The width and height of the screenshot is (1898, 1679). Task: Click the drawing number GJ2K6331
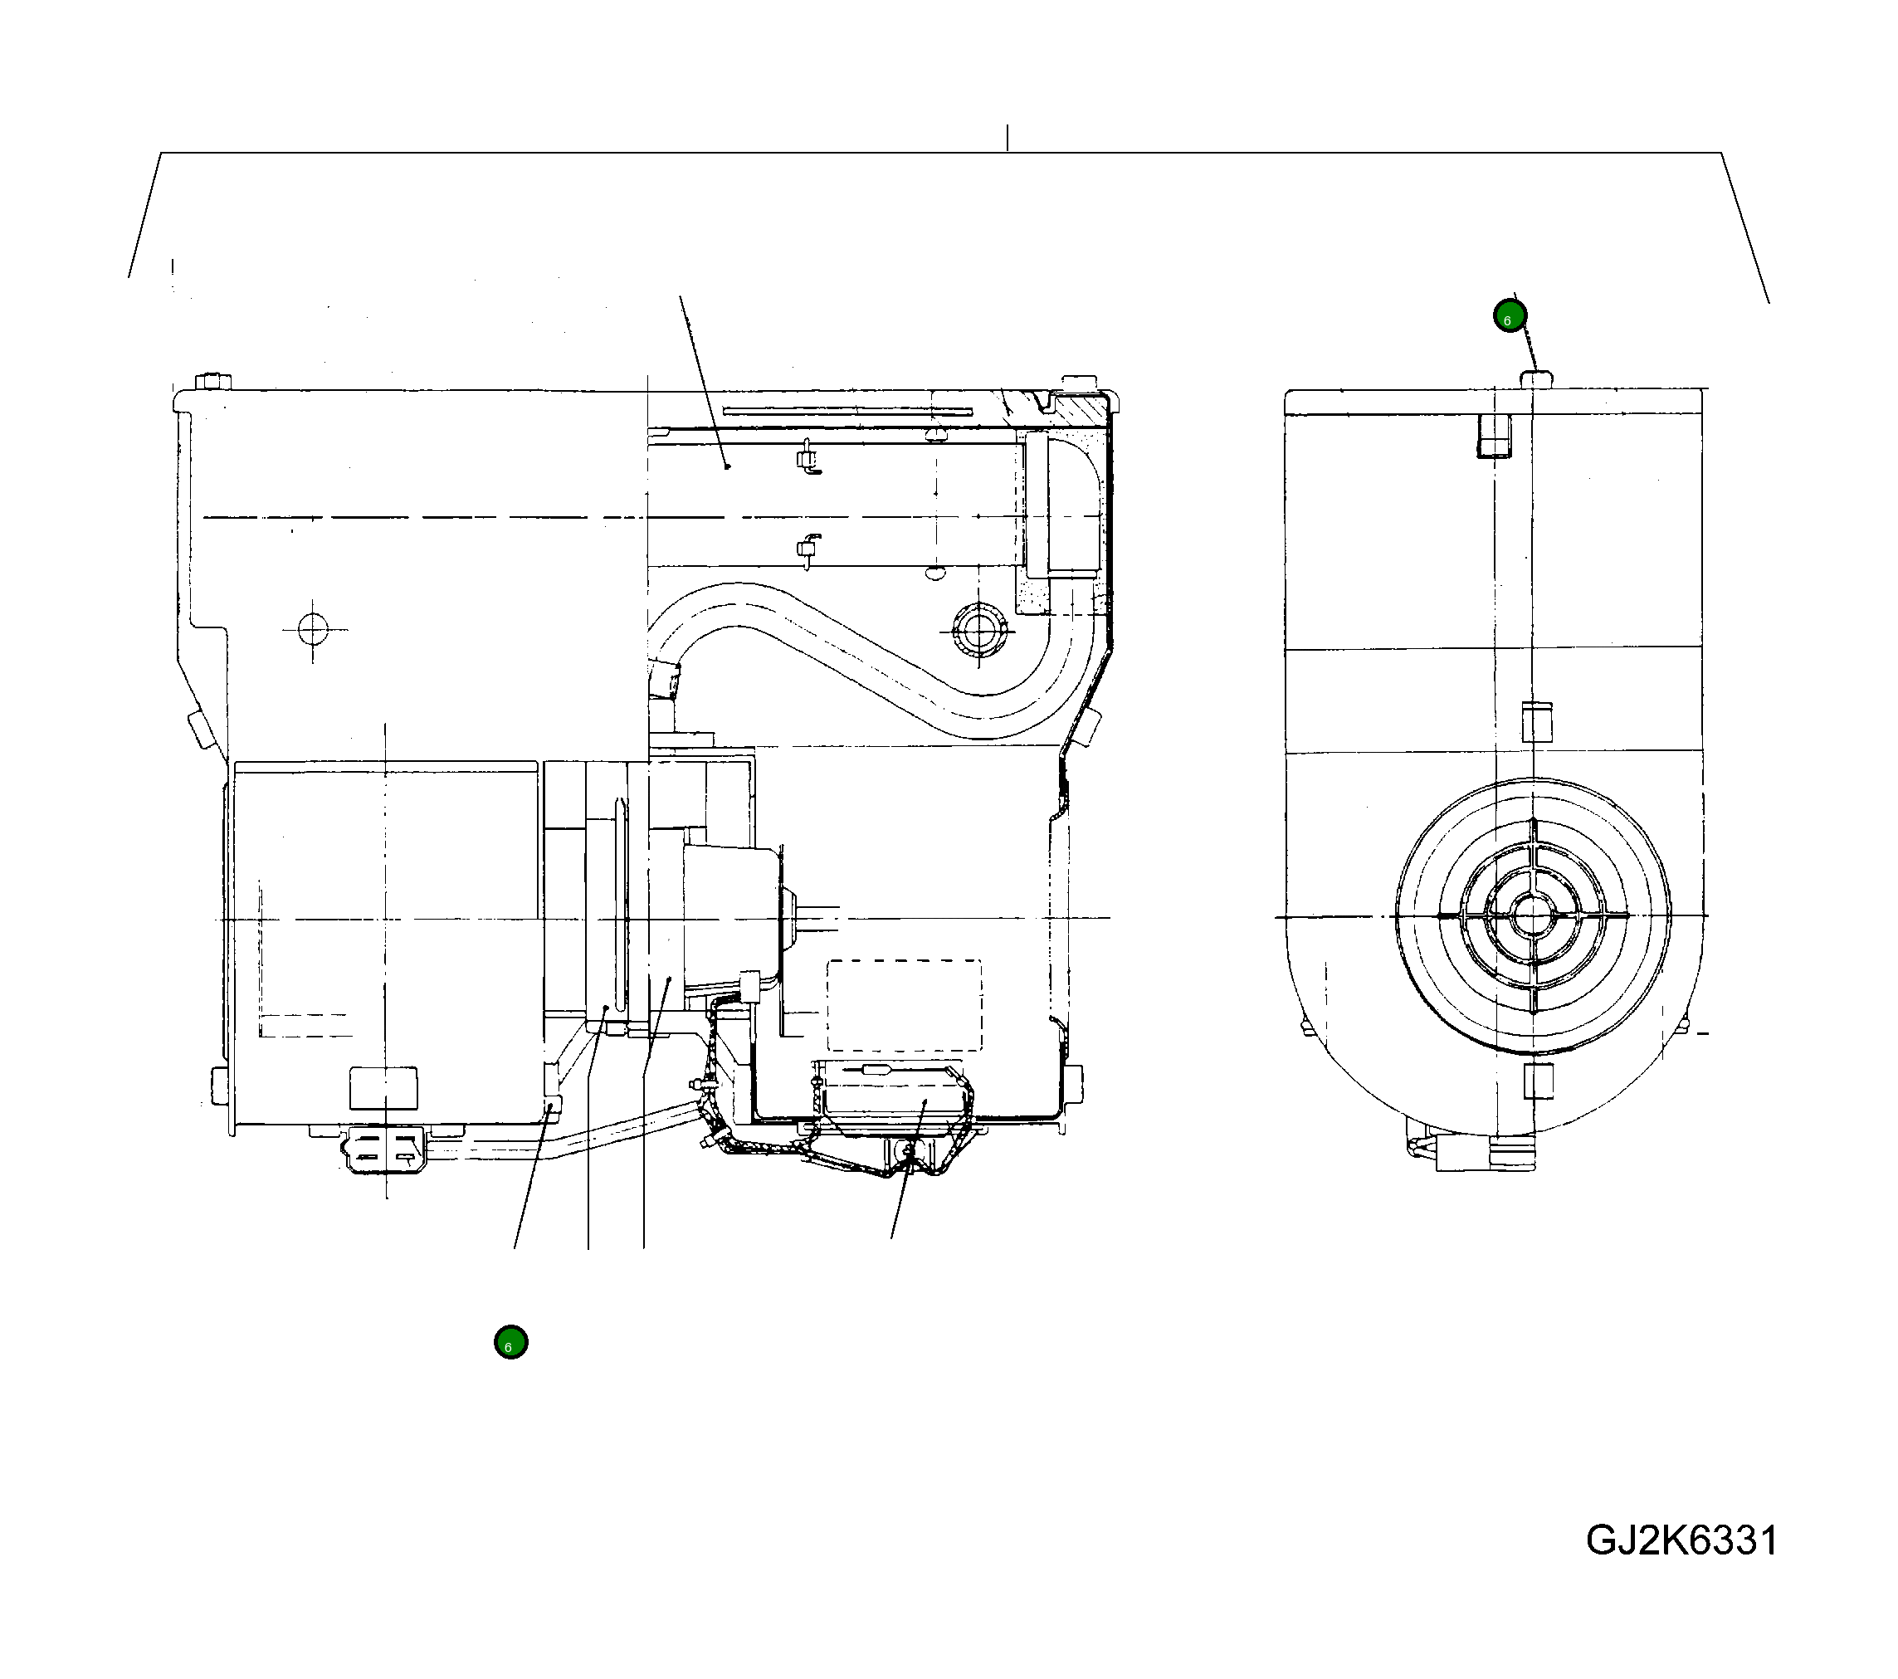(x=1681, y=1540)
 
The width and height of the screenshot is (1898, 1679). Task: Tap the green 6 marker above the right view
(x=1509, y=315)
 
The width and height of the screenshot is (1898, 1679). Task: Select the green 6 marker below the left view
(x=510, y=1342)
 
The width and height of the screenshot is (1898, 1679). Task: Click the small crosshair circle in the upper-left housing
(x=313, y=630)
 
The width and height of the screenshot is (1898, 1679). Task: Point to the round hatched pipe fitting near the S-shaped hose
(x=978, y=631)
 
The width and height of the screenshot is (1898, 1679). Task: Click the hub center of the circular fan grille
(x=1531, y=916)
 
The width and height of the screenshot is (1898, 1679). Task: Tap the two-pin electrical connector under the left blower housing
(x=383, y=1149)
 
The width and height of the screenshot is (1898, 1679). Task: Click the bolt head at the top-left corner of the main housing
(x=214, y=382)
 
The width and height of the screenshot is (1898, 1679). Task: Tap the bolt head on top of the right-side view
(x=1536, y=377)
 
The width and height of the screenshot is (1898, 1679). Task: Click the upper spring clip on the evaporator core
(x=808, y=459)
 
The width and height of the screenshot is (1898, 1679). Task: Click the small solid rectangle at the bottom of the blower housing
(x=383, y=1087)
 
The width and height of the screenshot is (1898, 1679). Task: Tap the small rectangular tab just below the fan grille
(x=1539, y=1081)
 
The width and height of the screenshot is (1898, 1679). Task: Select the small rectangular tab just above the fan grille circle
(x=1538, y=721)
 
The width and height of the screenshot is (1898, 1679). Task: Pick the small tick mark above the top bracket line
(x=1008, y=138)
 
